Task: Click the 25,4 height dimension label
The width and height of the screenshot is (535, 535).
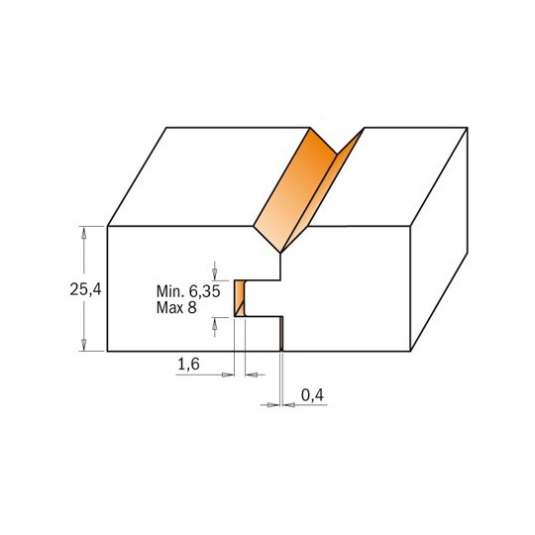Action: click(85, 289)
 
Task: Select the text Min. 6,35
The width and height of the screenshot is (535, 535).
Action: click(188, 291)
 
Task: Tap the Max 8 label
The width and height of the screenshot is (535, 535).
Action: click(176, 308)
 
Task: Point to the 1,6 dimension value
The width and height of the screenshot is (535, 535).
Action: click(188, 365)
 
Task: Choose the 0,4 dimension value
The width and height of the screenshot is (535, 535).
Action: click(312, 395)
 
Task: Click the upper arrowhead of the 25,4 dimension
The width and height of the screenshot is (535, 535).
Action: click(83, 232)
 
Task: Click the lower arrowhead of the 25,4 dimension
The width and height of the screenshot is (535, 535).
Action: click(83, 345)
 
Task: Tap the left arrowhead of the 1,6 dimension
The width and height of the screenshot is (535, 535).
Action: click(228, 374)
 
